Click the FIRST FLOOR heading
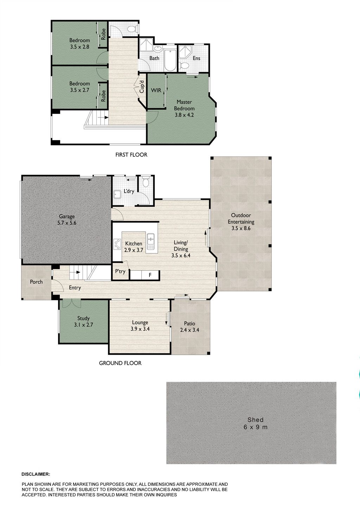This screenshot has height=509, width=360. click(131, 155)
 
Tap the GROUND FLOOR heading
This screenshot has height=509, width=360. click(120, 363)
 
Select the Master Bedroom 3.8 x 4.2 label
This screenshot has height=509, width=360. click(184, 108)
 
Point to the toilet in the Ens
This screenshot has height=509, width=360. click(184, 65)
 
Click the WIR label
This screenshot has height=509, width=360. click(156, 90)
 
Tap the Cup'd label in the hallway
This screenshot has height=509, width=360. click(142, 86)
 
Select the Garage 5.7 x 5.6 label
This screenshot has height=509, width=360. click(67, 220)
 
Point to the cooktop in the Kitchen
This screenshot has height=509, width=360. click(117, 244)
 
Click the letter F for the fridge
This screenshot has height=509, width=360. click(150, 275)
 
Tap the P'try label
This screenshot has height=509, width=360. click(120, 271)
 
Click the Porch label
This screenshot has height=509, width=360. click(36, 282)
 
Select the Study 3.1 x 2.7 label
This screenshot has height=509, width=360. click(83, 322)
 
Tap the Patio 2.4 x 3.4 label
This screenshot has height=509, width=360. click(189, 327)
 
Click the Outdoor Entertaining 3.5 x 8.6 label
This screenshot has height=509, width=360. click(241, 222)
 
